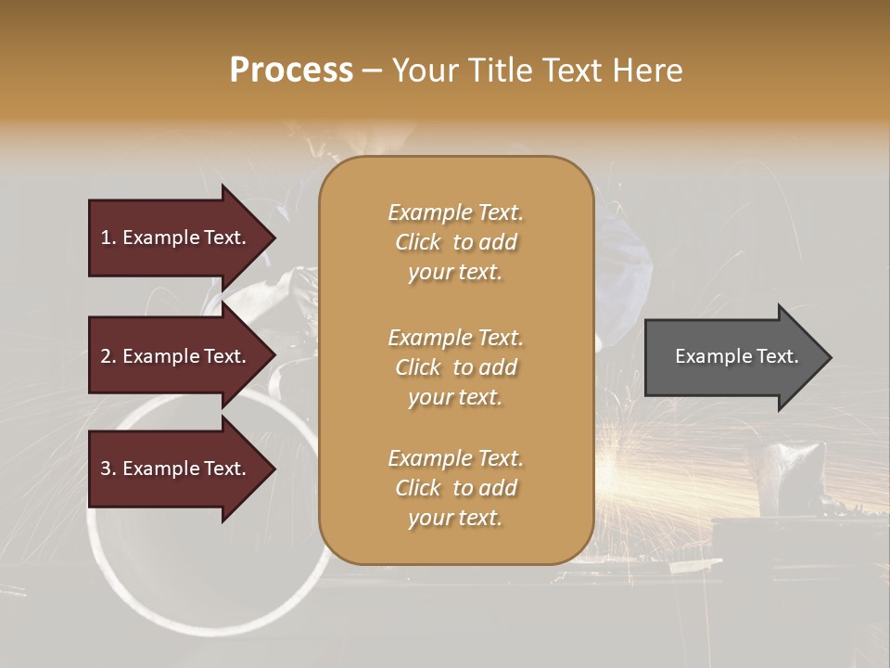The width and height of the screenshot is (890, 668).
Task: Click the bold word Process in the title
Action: coord(291,71)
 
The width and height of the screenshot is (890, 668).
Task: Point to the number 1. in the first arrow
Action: coord(108,238)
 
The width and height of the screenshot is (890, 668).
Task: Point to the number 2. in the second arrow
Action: coord(108,356)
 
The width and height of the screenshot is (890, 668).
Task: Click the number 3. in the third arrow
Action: coord(108,469)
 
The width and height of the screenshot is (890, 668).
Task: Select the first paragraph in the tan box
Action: coord(455,242)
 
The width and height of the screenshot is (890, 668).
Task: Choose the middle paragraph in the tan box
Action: coord(455,367)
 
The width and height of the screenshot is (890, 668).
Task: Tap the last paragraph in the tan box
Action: coord(455,488)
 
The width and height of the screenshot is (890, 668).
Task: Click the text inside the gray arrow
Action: coord(736,356)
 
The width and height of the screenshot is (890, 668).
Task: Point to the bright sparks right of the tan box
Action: coord(649,464)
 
